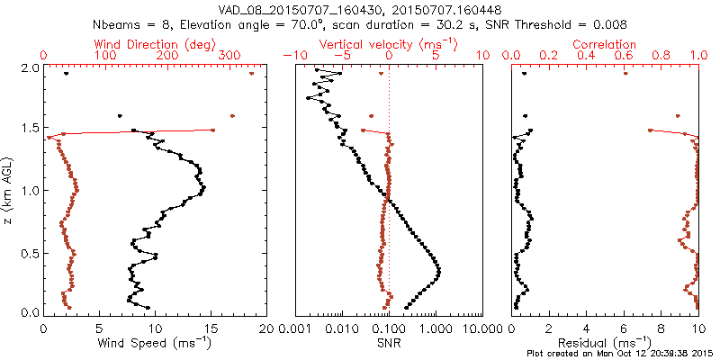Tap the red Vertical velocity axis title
click(x=388, y=44)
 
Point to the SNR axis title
click(x=388, y=343)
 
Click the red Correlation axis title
click(x=605, y=44)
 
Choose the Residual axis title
click(x=605, y=343)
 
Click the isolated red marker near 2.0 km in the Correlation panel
click(x=625, y=74)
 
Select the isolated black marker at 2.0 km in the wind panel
click(x=66, y=74)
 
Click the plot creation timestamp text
click(x=622, y=353)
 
